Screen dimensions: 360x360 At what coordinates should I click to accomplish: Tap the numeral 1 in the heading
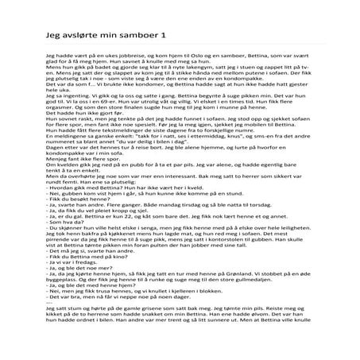164,37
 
